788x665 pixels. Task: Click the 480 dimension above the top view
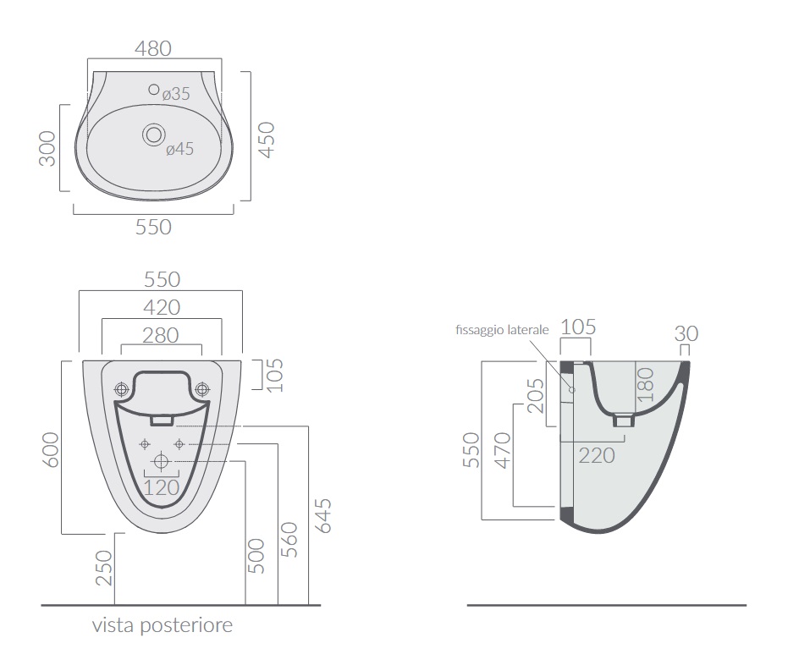(153, 49)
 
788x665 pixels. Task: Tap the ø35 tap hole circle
(154, 90)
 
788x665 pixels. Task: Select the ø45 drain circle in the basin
(154, 135)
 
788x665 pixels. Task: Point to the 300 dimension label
(47, 148)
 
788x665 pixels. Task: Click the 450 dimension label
(267, 140)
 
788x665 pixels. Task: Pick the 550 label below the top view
(153, 227)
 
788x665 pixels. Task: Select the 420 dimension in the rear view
(162, 307)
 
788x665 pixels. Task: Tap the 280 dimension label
(160, 336)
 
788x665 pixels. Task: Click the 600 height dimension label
(51, 450)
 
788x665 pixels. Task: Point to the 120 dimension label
(162, 487)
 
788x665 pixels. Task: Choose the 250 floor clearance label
(104, 568)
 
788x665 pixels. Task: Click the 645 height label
(323, 516)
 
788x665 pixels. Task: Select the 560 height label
(289, 540)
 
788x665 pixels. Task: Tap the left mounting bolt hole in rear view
(122, 388)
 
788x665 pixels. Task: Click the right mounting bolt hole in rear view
(202, 388)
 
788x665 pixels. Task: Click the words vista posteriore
(163, 625)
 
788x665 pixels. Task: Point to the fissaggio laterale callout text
(502, 330)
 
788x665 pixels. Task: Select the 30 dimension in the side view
(686, 333)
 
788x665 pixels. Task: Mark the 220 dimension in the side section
(597, 455)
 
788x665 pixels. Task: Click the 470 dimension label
(503, 451)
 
